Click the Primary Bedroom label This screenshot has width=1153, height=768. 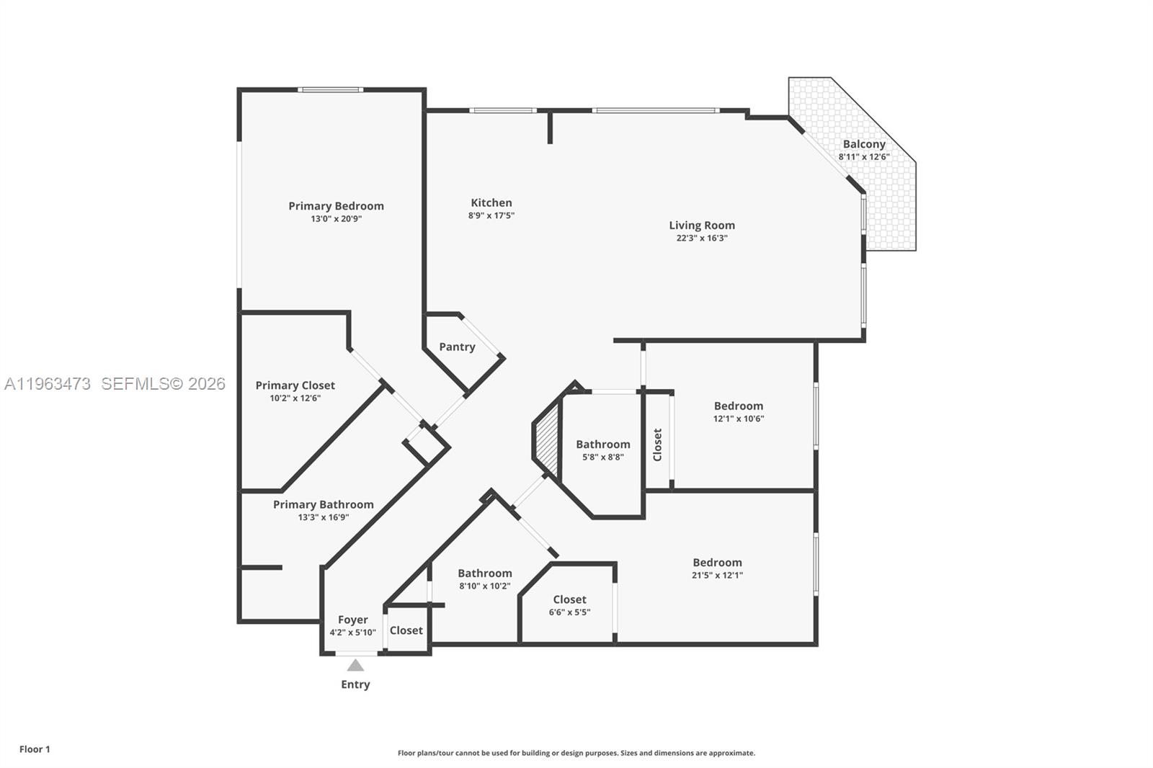336,206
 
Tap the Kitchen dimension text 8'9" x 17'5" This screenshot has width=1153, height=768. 491,215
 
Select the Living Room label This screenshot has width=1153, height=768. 701,226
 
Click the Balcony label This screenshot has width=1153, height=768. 863,144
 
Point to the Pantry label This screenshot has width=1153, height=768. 457,347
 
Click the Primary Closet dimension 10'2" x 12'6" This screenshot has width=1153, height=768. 295,398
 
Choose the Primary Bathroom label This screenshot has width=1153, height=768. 323,504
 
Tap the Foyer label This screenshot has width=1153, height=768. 352,620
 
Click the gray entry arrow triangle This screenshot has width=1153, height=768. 355,665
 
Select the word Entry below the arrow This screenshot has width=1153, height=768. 355,684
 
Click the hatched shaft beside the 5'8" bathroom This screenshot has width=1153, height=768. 548,440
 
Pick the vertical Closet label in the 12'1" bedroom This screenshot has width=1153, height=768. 657,445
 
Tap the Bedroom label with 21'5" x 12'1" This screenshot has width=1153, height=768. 717,563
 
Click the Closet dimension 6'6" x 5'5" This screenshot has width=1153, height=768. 569,612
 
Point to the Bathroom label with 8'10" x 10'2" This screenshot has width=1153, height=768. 484,573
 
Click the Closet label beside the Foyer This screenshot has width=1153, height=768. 406,630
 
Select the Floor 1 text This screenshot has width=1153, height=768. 35,749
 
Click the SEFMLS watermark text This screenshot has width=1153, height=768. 163,384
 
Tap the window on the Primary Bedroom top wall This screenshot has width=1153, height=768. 330,90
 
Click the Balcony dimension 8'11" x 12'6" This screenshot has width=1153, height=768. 863,156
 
